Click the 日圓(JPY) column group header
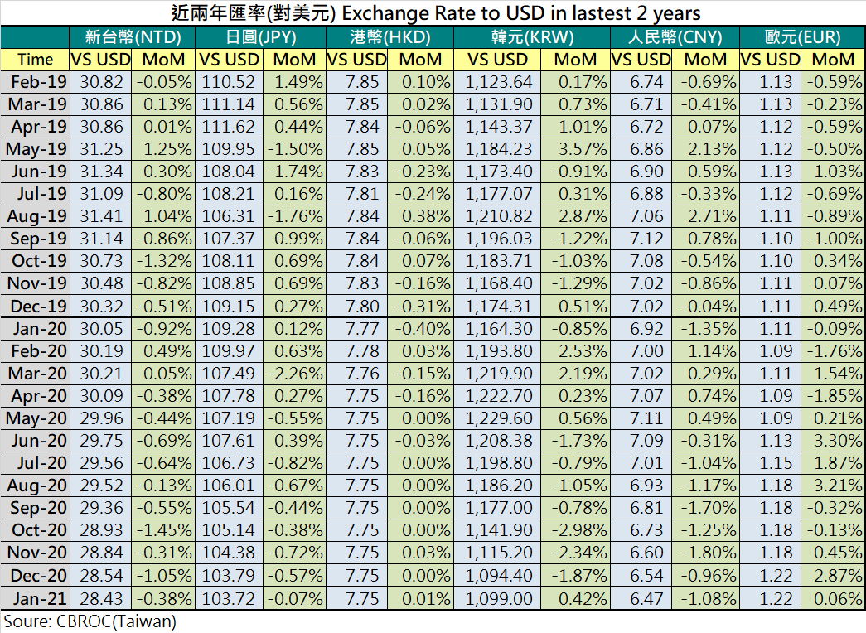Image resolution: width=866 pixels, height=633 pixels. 259,37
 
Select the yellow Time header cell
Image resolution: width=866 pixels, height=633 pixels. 35,59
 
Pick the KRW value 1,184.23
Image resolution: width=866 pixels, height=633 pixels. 497,148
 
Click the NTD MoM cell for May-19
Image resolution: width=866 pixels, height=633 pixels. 163,148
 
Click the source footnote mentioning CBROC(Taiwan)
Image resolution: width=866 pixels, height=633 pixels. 90,621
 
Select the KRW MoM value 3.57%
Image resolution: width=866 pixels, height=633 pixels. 574,148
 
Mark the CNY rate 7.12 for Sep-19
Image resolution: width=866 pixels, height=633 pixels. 641,239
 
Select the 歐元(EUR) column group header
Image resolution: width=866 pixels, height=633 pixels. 801,37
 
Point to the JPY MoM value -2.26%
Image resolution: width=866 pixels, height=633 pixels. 293,373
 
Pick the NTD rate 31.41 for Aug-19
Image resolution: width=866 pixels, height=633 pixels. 101,216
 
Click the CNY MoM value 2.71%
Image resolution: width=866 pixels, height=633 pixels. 705,216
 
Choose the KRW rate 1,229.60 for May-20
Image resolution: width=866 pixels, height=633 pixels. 497,418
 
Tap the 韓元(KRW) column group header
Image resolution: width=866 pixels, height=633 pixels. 531,37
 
